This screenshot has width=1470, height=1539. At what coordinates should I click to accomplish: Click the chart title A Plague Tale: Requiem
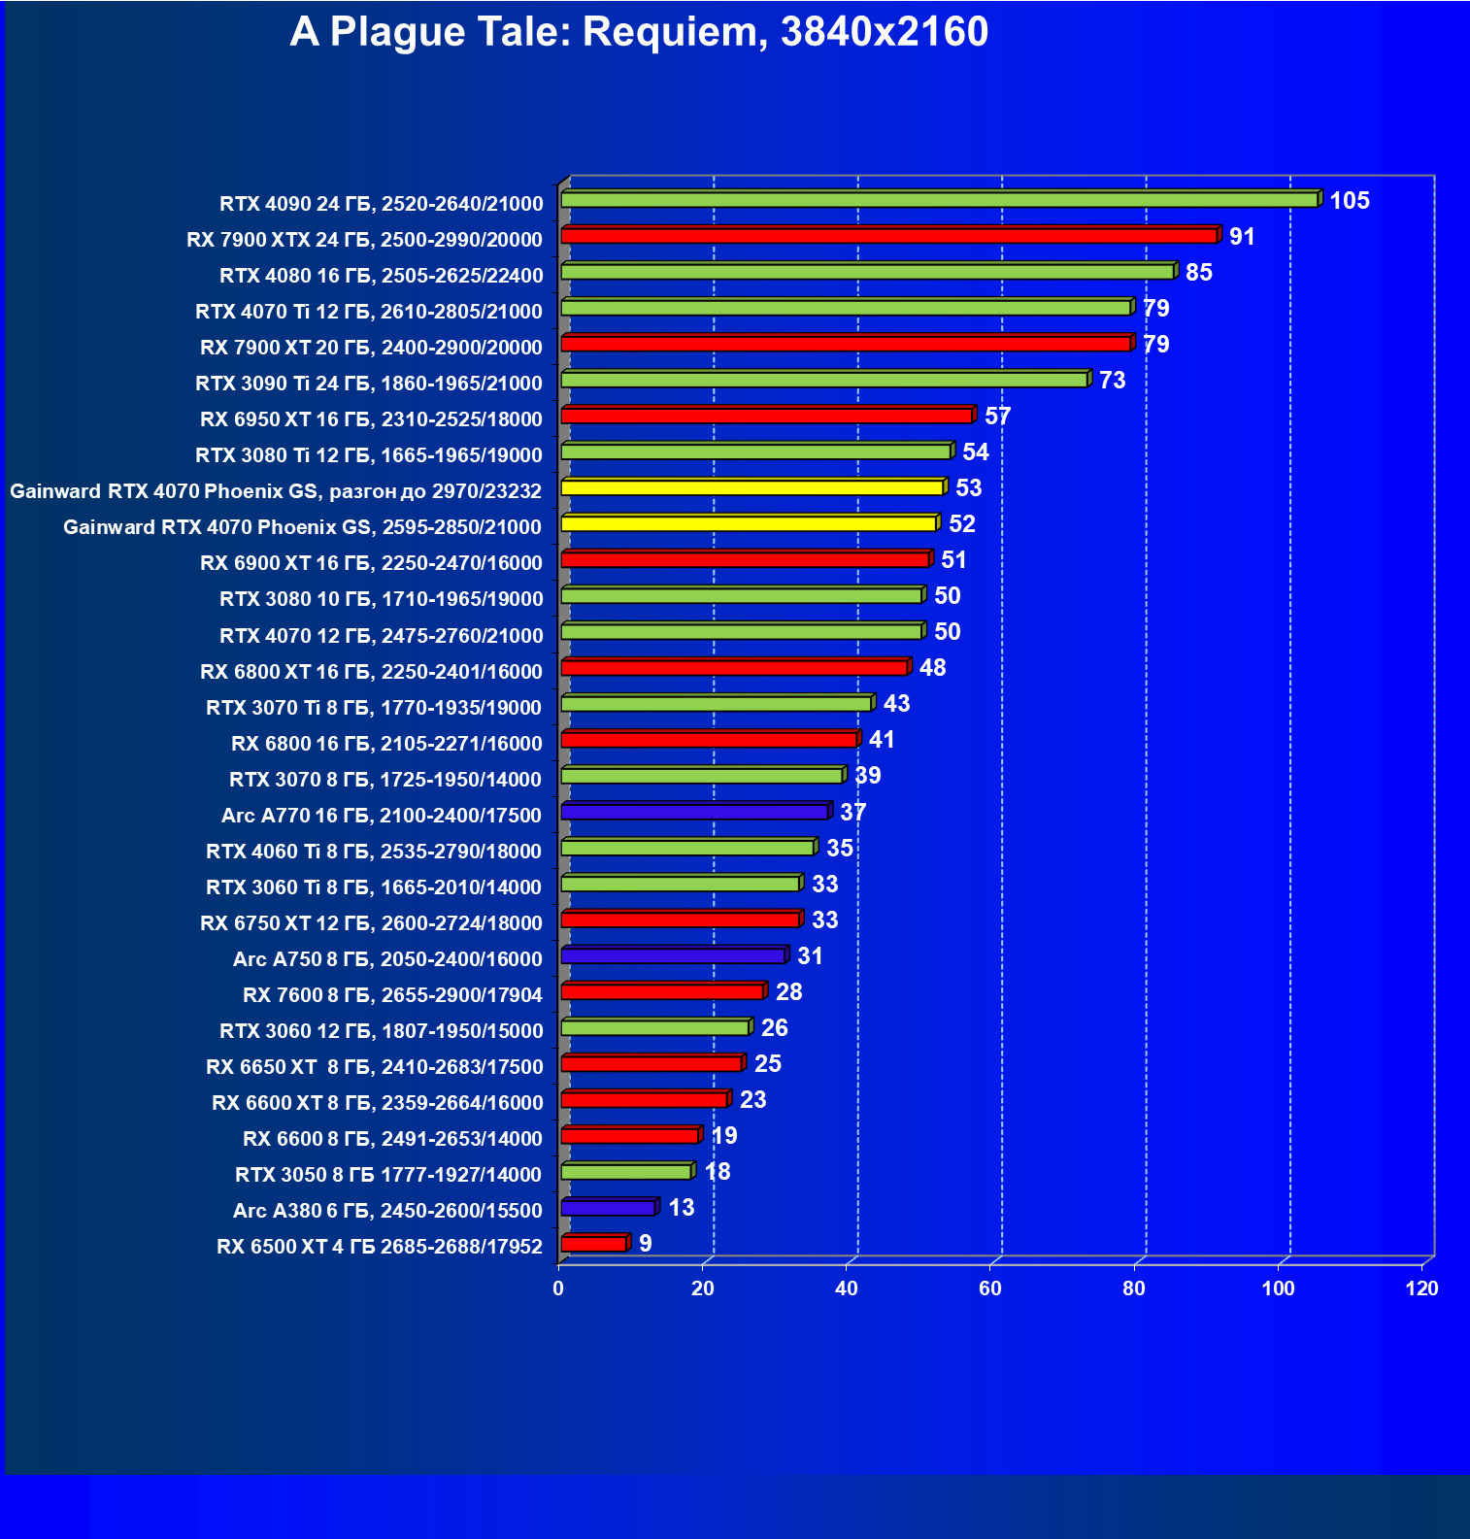639,32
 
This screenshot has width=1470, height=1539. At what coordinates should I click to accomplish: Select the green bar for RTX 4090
939,200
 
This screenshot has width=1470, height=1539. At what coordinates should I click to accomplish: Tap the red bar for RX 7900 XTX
888,236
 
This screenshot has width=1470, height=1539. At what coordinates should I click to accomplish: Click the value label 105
1349,201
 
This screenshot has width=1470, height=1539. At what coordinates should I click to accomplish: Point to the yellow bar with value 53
752,487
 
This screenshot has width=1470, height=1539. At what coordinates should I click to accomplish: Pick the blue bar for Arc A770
694,812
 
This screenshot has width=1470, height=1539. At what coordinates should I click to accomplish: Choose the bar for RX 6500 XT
594,1244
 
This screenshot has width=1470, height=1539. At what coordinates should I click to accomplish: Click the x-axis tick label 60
990,1288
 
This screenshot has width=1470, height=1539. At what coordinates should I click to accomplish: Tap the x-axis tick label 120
1422,1288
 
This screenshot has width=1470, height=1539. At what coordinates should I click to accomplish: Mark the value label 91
1242,237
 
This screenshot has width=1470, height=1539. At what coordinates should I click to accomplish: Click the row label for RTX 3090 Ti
369,384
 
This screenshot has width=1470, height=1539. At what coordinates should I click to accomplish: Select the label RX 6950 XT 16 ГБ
371,419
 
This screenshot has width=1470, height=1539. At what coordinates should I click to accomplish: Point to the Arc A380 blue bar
609,1208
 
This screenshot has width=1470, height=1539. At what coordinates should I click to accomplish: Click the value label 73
1112,381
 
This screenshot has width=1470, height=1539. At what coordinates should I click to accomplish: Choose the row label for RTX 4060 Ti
374,852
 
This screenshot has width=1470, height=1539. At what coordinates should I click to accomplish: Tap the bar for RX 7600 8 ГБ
662,991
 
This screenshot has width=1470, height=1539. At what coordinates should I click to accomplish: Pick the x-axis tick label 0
558,1288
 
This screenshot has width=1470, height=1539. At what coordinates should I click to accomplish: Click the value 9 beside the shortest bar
646,1244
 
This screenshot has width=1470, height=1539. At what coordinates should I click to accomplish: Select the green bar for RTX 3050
626,1172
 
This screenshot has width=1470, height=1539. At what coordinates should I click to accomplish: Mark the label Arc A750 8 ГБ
387,959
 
